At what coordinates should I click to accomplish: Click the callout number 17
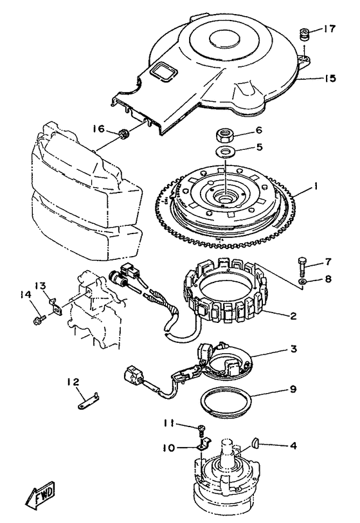click(x=329, y=29)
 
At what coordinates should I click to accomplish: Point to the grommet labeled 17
click(x=304, y=34)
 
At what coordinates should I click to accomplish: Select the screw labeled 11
click(x=201, y=430)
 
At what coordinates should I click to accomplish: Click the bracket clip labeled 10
click(x=203, y=445)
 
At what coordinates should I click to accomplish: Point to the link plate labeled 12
click(x=87, y=401)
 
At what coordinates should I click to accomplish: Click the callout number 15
click(x=330, y=78)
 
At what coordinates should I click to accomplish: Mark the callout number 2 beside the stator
click(x=293, y=315)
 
